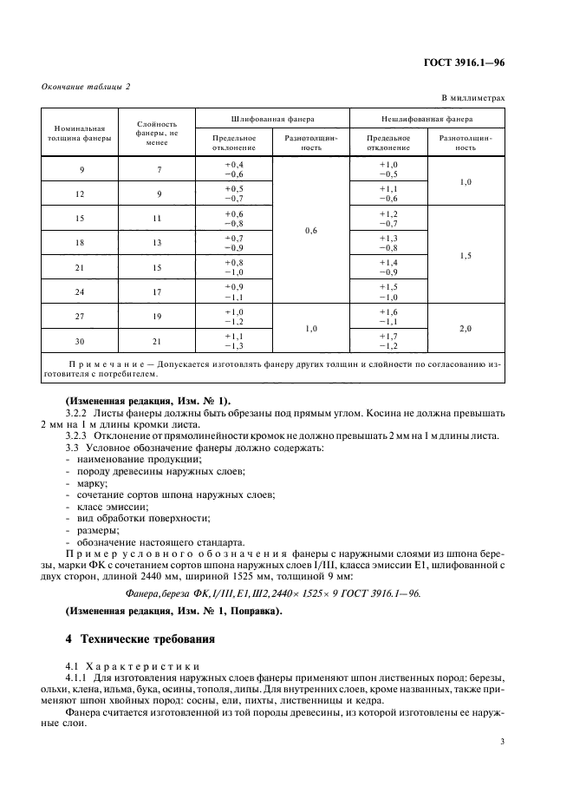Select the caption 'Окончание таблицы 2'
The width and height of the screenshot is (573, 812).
coord(86,86)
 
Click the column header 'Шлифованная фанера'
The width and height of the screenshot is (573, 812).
coord(272,118)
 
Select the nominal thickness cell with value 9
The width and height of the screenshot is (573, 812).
coord(79,170)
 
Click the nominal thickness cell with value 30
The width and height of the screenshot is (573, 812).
coord(79,340)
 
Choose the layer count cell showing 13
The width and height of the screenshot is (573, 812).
coord(158,243)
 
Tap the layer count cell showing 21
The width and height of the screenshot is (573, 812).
coord(158,340)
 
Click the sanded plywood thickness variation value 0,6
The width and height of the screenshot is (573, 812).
coord(310,231)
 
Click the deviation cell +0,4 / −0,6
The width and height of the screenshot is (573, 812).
coord(234,170)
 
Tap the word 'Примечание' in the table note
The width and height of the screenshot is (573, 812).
coord(103,363)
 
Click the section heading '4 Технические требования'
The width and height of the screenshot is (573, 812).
coord(144,638)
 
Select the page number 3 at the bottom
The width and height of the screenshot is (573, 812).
coord(502,741)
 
